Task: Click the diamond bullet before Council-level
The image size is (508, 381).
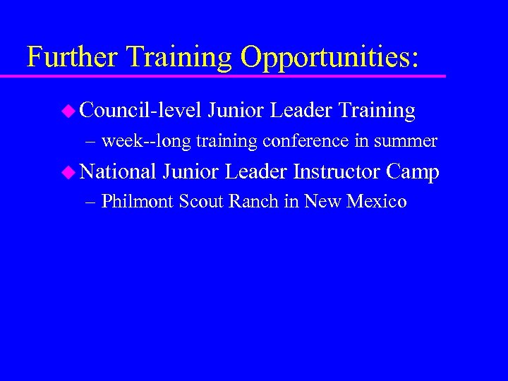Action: (68, 110)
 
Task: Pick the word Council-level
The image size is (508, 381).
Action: (140, 110)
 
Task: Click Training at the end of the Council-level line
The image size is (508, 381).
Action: (377, 110)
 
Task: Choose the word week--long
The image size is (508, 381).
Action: (146, 141)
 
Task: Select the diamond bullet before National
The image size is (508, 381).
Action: (68, 171)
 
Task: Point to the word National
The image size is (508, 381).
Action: (118, 171)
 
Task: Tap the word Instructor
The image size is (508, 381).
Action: (336, 171)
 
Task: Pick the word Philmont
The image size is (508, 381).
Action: (138, 202)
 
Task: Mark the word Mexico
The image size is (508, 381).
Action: (377, 202)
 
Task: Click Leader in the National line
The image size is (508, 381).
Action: (254, 171)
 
